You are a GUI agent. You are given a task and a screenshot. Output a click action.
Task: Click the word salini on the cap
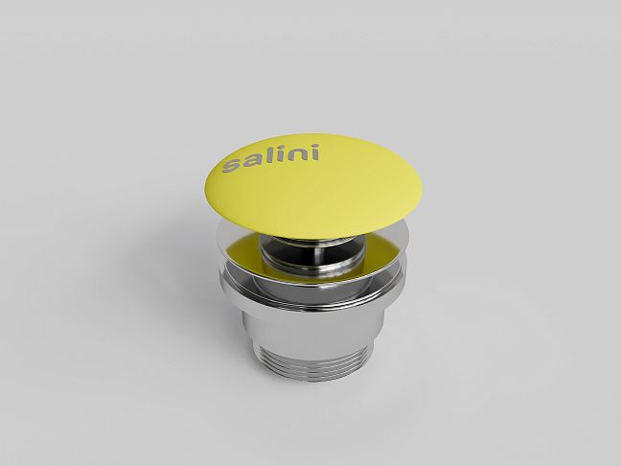[271, 158]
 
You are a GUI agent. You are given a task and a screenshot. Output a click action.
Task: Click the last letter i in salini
[313, 152]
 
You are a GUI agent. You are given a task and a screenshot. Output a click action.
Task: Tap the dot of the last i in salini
[312, 147]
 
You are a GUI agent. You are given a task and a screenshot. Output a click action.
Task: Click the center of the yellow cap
[312, 186]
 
